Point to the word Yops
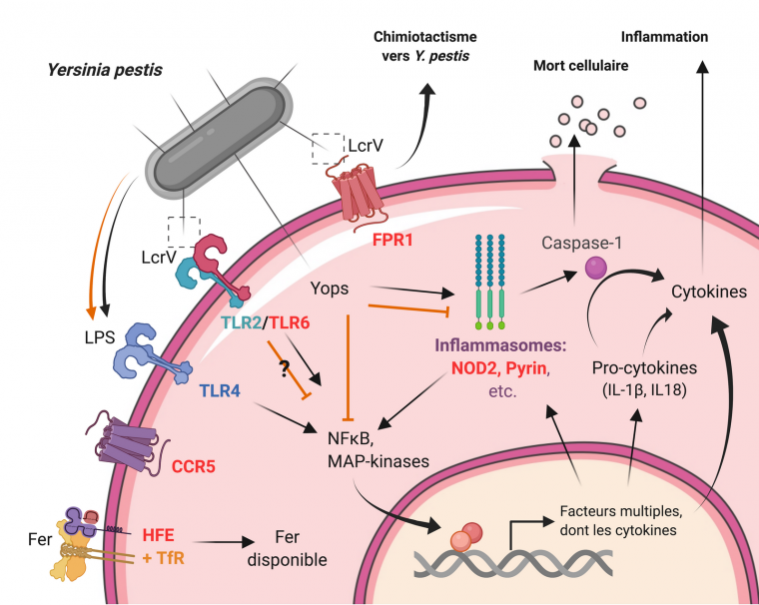331,288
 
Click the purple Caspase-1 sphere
596,267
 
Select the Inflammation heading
664,36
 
